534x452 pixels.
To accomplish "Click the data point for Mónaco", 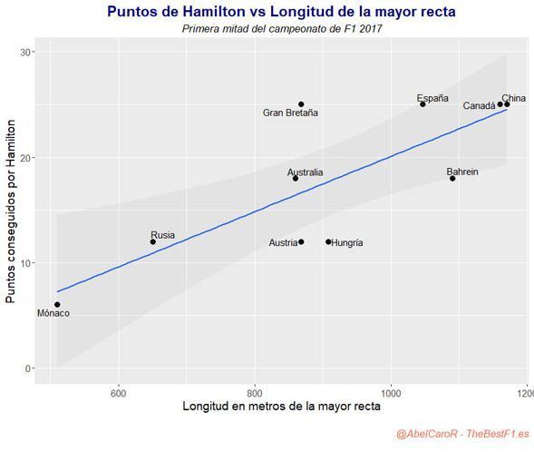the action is pyautogui.click(x=57, y=304).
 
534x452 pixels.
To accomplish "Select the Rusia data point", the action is pyautogui.click(x=153, y=241).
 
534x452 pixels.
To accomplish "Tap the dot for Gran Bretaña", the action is pyautogui.click(x=301, y=104).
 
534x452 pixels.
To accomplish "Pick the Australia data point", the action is pyautogui.click(x=296, y=179).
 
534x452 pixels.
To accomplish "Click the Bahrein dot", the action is pyautogui.click(x=452, y=179).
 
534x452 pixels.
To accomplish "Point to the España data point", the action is pyautogui.click(x=422, y=104).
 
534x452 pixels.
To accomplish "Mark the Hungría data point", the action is pyautogui.click(x=328, y=241).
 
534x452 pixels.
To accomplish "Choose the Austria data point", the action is pyautogui.click(x=301, y=241).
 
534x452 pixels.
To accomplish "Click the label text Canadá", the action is pyautogui.click(x=479, y=106).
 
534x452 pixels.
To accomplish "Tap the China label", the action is pyautogui.click(x=513, y=98).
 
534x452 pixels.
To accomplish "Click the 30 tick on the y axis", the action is pyautogui.click(x=25, y=52).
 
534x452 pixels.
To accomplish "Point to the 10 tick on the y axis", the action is pyautogui.click(x=25, y=263).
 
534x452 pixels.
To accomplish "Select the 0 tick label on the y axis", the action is pyautogui.click(x=28, y=368).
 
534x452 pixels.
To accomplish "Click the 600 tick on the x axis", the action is pyautogui.click(x=119, y=394).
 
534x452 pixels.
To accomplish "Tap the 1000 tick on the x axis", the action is pyautogui.click(x=391, y=394).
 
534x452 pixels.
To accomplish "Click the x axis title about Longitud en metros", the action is pyautogui.click(x=282, y=407).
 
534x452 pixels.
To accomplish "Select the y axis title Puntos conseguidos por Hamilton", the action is pyautogui.click(x=11, y=211).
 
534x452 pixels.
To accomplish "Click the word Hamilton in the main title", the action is pyautogui.click(x=214, y=12).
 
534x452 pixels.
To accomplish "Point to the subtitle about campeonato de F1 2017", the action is pyautogui.click(x=282, y=29).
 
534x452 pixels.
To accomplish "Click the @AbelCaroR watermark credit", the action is pyautogui.click(x=427, y=434).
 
